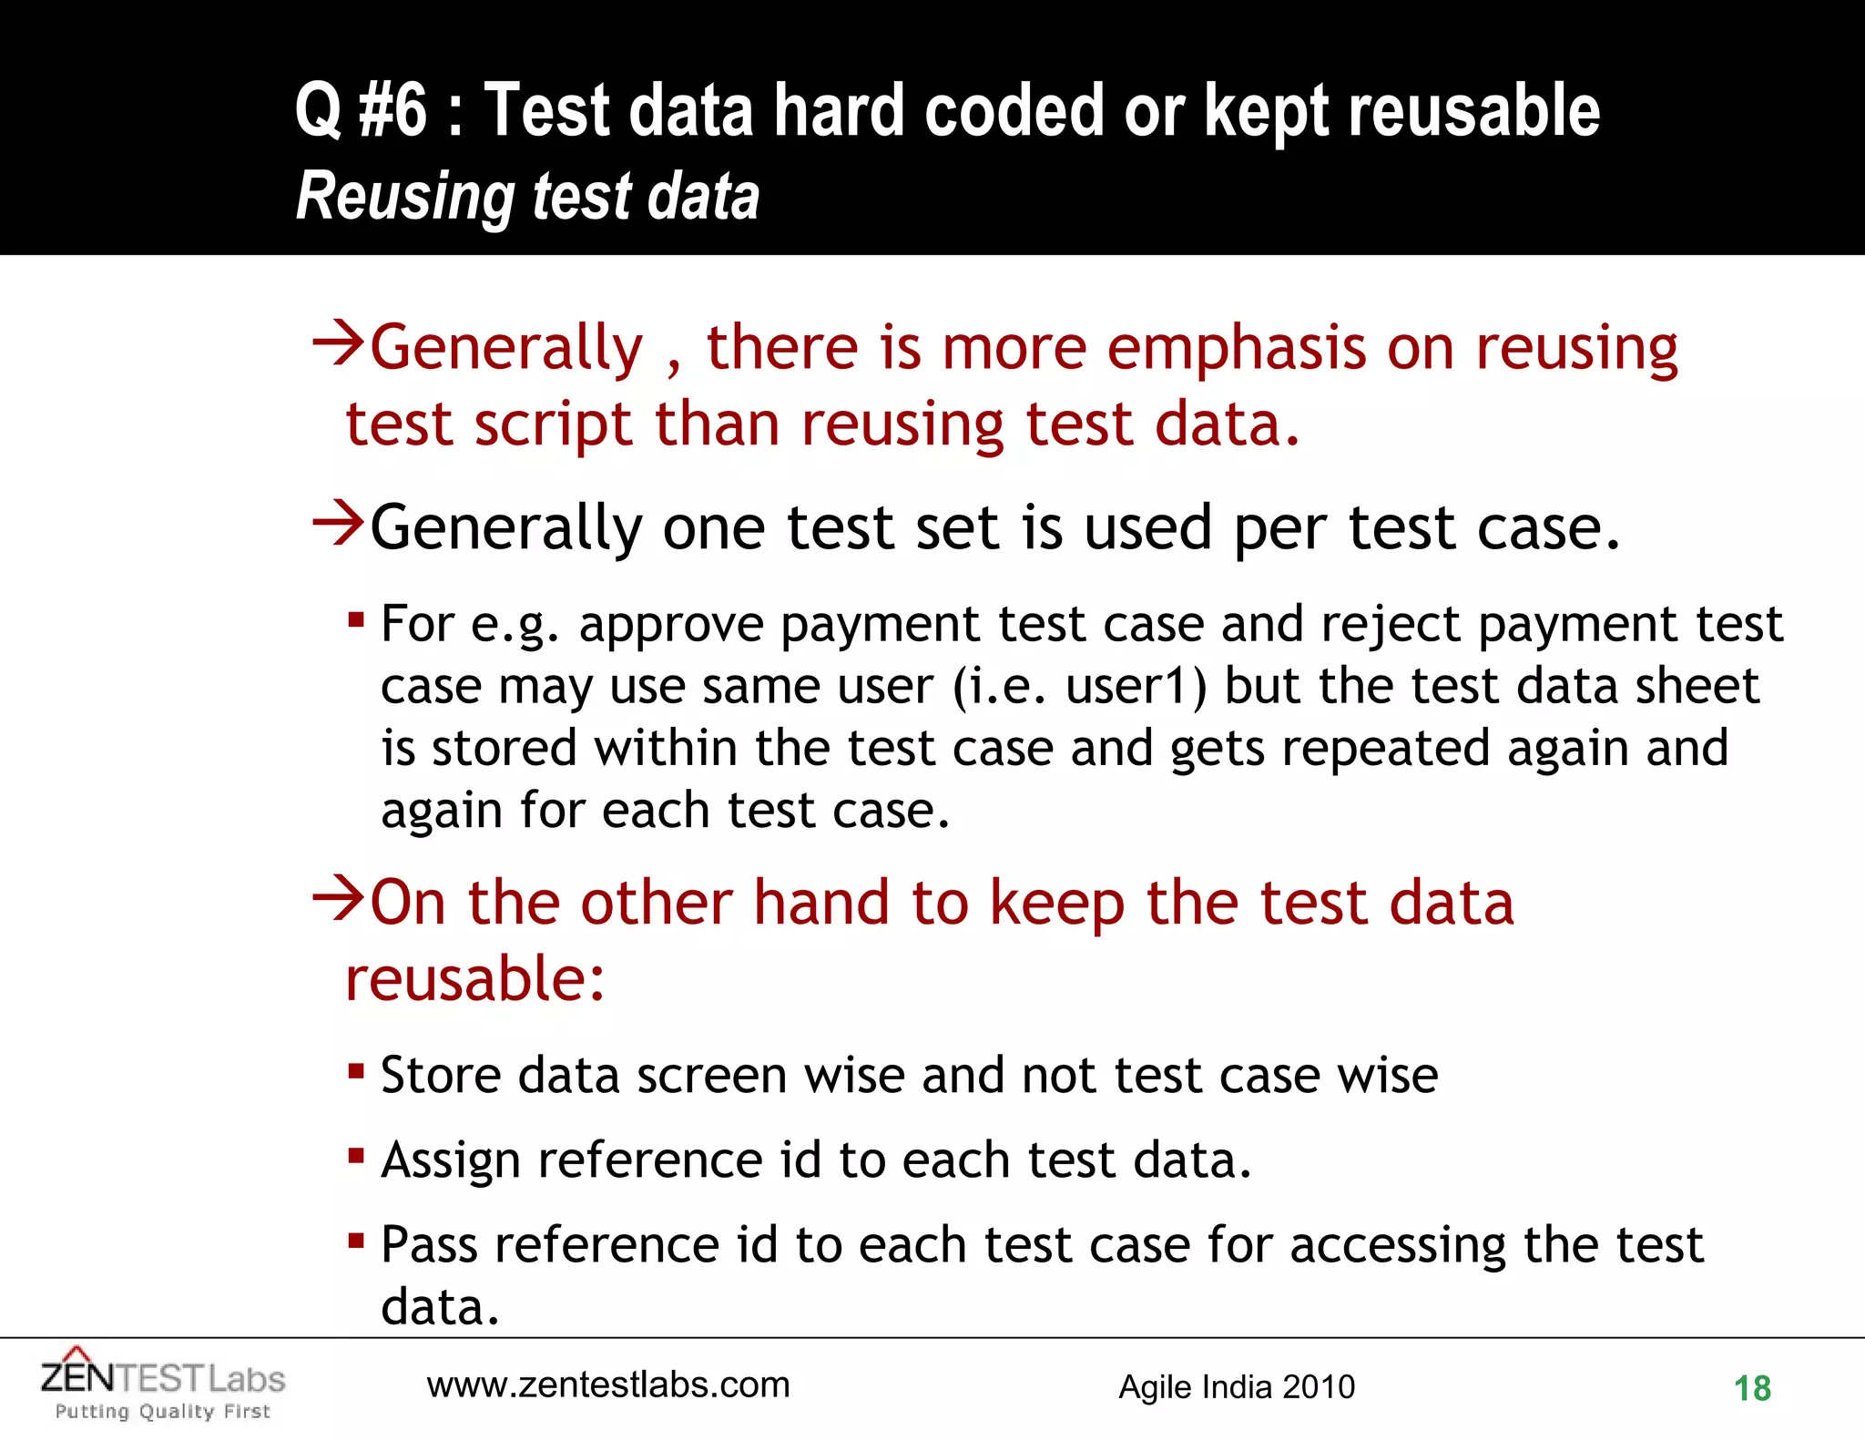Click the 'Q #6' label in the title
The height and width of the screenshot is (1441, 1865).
coord(361,111)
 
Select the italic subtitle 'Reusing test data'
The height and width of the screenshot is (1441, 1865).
coord(527,196)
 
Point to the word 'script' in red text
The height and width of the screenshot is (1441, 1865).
coord(553,425)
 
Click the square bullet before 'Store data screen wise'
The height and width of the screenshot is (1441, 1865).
coord(356,1071)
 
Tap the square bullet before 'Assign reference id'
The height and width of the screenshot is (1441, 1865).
coord(356,1156)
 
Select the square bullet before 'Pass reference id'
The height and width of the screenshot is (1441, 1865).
coord(356,1241)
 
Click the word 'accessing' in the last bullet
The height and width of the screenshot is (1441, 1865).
coord(1398,1246)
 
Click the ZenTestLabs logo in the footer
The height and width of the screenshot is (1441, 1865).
coord(163,1378)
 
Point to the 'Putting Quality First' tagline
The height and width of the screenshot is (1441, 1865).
coord(163,1412)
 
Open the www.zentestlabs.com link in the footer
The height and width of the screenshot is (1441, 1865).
coord(608,1385)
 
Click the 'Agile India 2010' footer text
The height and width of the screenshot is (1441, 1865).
coord(1237,1387)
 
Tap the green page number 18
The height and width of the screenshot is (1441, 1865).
coord(1751,1389)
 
